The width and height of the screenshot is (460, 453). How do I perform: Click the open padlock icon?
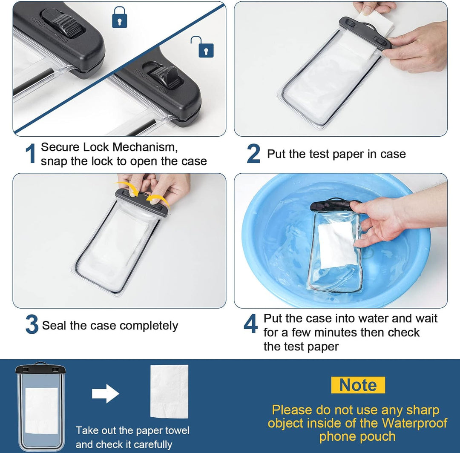pos(204,48)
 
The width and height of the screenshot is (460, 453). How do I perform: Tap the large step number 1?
pos(30,154)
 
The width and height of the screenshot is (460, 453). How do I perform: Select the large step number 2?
pos(253,154)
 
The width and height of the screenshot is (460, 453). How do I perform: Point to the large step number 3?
pos(32,325)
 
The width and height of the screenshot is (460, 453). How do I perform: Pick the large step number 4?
pos(250,324)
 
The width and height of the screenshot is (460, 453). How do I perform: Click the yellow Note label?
pos(358,385)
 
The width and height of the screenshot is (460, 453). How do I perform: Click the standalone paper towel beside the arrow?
pos(169,391)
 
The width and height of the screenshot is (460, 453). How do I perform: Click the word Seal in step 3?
pos(55,326)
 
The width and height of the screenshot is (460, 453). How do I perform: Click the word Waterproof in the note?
pos(414,423)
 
